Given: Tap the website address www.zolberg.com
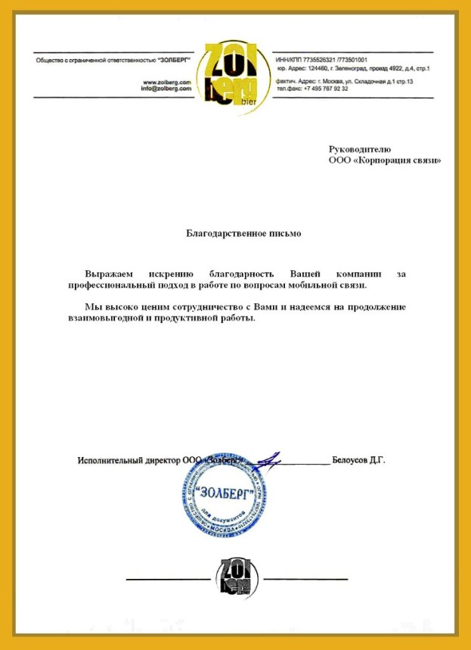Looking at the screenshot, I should point(166,82).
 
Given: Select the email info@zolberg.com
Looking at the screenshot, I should point(164,89).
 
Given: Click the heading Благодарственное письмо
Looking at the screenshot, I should point(244,233).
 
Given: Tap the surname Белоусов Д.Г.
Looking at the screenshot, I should point(359,459).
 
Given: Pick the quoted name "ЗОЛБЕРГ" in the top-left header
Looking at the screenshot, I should point(175,59).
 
